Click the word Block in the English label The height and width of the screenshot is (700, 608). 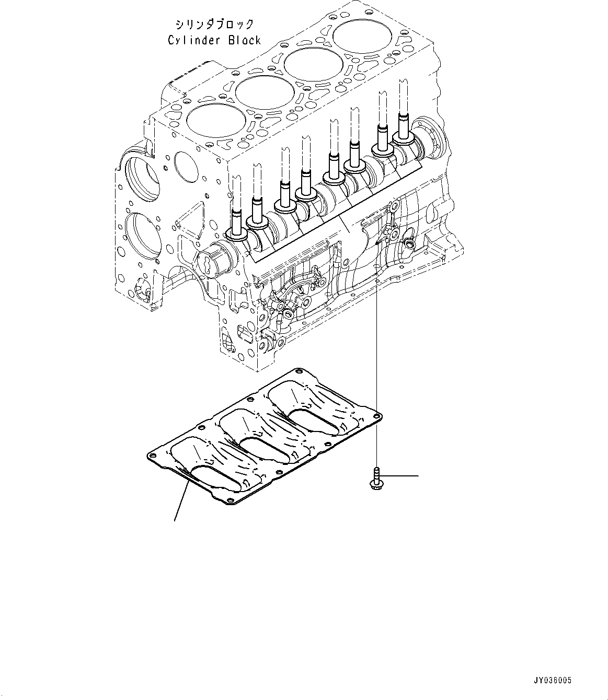point(243,40)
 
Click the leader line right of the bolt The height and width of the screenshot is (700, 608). point(401,476)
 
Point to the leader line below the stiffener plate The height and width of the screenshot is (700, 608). point(181,501)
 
